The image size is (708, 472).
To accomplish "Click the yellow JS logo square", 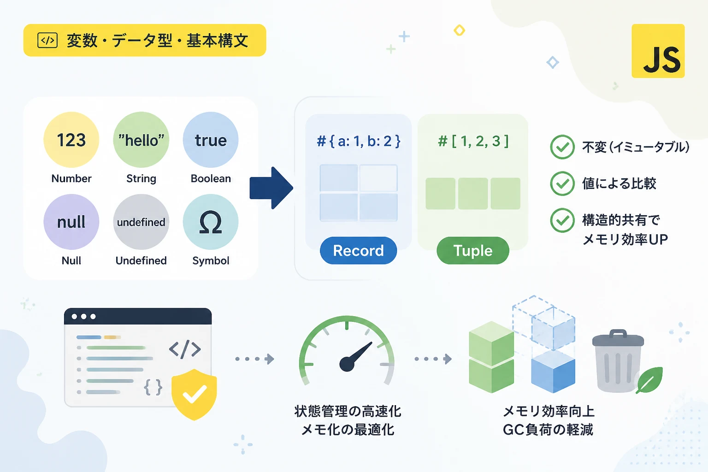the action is tap(658, 51).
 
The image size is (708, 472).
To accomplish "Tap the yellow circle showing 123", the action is tap(71, 140).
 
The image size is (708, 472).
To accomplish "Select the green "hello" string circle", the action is tap(141, 140).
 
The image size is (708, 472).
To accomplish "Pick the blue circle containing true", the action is tap(211, 140).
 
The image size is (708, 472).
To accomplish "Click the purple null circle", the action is tap(71, 222).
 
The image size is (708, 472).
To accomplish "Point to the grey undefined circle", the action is tap(141, 222).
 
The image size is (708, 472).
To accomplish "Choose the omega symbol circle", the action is tap(211, 222).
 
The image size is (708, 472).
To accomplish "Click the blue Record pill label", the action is tap(359, 250).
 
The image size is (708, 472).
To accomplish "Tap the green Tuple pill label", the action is tap(473, 250).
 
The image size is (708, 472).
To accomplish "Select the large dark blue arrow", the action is tap(271, 188).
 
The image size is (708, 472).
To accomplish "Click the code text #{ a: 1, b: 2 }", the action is tap(359, 141).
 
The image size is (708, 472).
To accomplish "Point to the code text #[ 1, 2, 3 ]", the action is tap(473, 141).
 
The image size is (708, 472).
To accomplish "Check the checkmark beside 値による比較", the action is tap(562, 183).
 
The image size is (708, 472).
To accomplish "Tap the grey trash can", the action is tap(618, 361).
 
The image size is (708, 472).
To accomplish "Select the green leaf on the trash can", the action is tap(649, 380).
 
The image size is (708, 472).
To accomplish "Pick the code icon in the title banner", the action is tap(47, 41).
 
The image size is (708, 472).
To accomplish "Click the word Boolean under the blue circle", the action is tap(211, 179).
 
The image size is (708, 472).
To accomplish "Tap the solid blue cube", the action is tap(553, 372).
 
